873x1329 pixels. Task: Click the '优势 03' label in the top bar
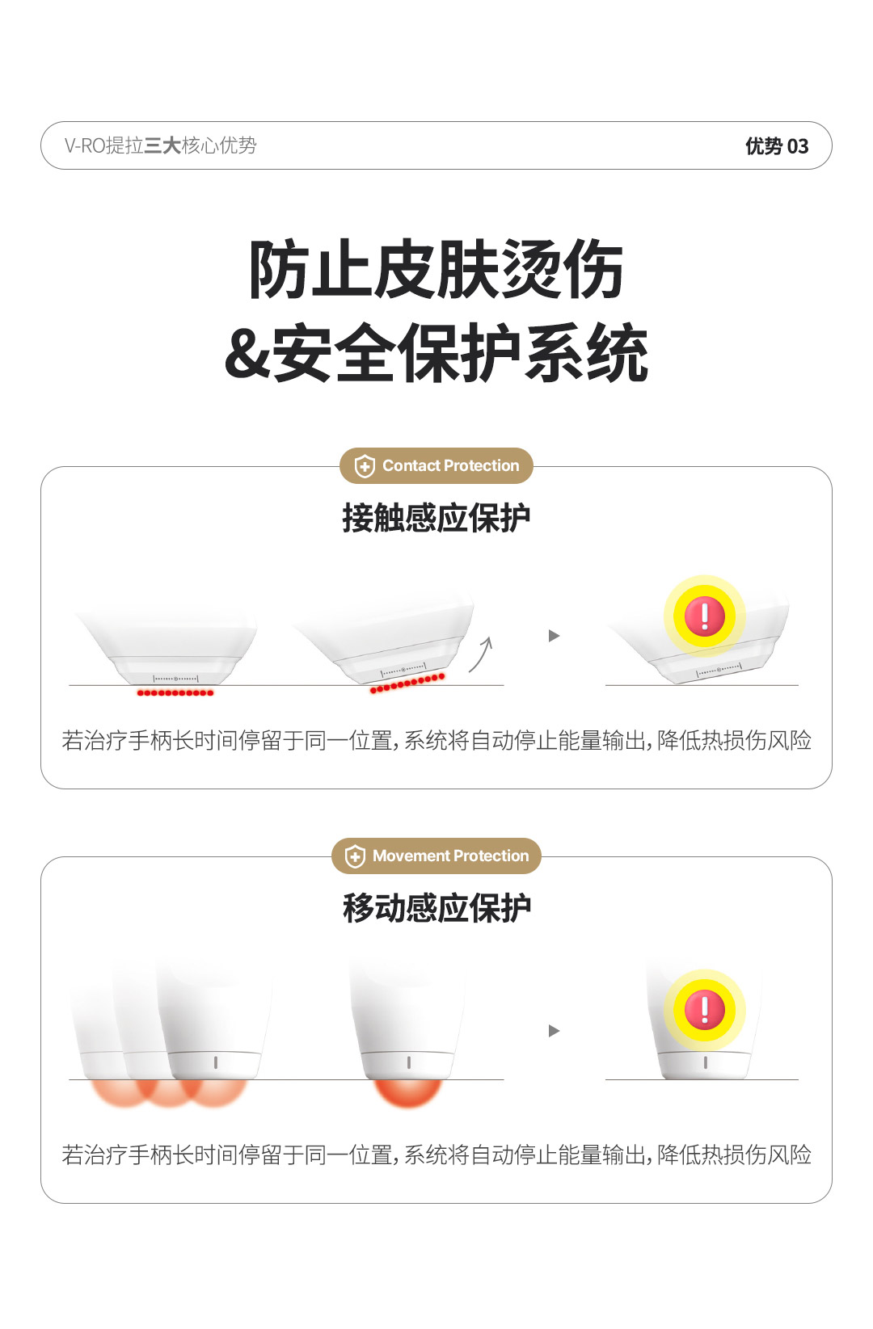(776, 146)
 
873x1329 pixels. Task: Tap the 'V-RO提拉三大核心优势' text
(160, 145)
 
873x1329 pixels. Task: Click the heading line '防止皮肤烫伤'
(436, 269)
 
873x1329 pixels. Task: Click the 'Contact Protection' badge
(436, 465)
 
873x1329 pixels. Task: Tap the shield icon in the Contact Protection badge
(365, 465)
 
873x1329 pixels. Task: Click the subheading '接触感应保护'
(436, 518)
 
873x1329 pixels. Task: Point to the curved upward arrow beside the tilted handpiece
(481, 654)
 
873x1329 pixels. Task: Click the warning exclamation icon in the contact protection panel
(704, 616)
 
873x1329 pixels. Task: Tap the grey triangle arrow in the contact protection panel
(554, 636)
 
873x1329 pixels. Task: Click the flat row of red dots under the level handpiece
(175, 693)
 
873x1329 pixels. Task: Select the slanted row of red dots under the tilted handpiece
(407, 683)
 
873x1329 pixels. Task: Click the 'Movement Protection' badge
(436, 856)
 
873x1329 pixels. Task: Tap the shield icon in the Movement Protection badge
(355, 856)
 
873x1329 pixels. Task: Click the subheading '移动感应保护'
(436, 908)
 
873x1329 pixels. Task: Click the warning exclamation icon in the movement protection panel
(704, 1010)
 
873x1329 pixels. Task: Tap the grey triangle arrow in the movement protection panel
(554, 1031)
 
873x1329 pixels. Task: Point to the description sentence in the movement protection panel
(436, 1155)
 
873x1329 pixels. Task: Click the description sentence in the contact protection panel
(436, 740)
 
